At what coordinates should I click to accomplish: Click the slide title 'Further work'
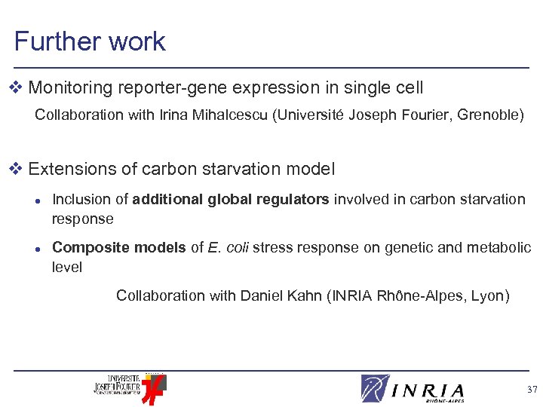coord(90,41)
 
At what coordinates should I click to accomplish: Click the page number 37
coord(532,390)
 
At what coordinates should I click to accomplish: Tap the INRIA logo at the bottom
coord(413,388)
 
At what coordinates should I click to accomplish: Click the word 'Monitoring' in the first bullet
coord(72,88)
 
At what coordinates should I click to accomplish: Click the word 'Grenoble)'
coord(490,116)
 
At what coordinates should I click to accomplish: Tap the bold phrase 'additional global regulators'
coord(231,200)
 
